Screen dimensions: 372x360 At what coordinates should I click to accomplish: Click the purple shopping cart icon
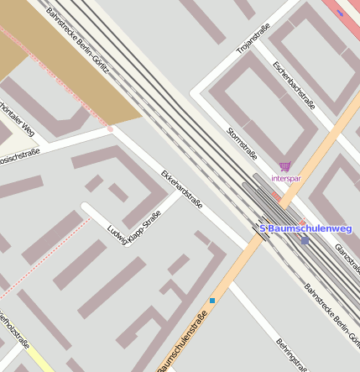tap(284, 167)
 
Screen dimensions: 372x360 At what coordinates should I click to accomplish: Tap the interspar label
tap(285, 179)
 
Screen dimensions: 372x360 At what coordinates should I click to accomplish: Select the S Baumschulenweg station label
tap(305, 228)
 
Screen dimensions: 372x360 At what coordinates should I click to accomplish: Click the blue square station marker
tap(305, 240)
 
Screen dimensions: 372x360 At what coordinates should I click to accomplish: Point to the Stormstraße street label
tap(242, 143)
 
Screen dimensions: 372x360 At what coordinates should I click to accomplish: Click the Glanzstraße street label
tap(347, 259)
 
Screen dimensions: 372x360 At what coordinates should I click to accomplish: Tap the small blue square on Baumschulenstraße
tap(212, 300)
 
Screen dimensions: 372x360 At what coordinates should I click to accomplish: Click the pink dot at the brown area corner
tap(110, 128)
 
